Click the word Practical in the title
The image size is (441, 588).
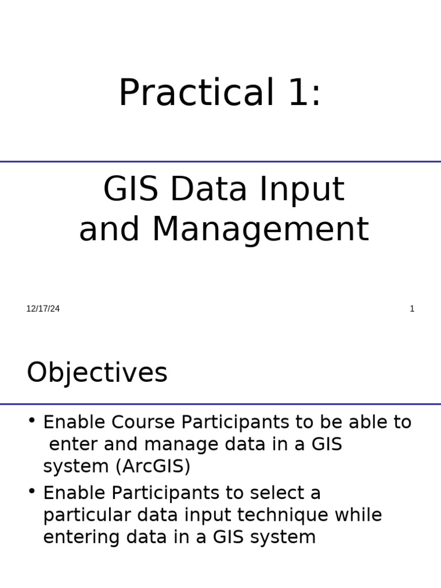[196, 93]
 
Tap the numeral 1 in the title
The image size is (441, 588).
[300, 93]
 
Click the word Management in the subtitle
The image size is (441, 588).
[260, 230]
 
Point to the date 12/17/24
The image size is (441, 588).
[43, 309]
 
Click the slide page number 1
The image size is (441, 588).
[412, 309]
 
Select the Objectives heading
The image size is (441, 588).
[97, 373]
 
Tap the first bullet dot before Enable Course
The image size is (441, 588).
[32, 420]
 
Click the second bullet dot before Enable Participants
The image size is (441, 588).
[32, 491]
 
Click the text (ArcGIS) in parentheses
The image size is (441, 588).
[152, 467]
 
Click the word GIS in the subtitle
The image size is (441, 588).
[131, 190]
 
